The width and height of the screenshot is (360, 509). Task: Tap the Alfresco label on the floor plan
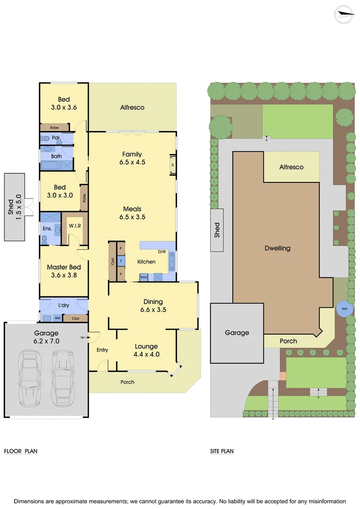click(x=132, y=107)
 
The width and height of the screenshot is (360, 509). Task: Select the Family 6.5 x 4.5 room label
click(x=132, y=158)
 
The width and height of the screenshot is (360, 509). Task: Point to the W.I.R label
click(x=75, y=225)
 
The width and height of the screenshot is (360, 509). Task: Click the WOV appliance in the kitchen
click(x=144, y=277)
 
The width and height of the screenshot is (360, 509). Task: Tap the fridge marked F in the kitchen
click(x=122, y=260)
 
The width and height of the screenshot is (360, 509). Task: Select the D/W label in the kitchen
click(x=162, y=252)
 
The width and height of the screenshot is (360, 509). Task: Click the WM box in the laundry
click(x=57, y=319)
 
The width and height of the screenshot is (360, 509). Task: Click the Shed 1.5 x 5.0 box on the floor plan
click(x=14, y=206)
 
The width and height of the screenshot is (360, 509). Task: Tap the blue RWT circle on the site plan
click(x=345, y=309)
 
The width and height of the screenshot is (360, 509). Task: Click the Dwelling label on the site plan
click(x=278, y=248)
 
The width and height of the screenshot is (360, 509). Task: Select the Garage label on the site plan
click(x=237, y=333)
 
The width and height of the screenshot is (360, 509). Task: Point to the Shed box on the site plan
click(x=217, y=230)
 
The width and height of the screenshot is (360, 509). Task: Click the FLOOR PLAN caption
click(x=21, y=451)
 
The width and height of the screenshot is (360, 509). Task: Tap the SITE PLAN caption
click(x=222, y=451)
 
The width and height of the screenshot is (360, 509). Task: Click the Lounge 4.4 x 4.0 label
click(x=147, y=350)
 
